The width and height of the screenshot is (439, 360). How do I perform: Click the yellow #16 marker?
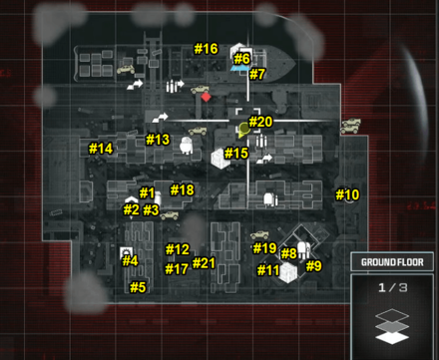coord(206,49)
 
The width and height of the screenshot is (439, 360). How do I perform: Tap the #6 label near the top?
coord(242,59)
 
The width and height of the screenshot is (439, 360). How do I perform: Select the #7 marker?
coord(257,75)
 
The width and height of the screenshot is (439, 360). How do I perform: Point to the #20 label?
coord(260,122)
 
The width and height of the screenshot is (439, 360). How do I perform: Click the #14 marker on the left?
coord(101,149)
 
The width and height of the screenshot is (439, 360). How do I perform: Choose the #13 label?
coord(158,140)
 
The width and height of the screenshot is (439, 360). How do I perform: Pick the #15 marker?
coord(236,154)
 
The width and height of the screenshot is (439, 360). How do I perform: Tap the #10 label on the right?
coord(346,194)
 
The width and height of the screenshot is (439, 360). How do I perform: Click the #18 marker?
coord(182,190)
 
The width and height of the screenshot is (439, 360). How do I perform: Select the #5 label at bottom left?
coord(138,287)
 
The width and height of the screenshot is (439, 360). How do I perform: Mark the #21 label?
coord(204,263)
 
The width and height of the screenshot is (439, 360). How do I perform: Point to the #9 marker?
coord(313,266)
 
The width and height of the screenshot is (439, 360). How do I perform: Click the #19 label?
coord(264,248)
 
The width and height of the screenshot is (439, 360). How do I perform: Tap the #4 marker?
coord(130,261)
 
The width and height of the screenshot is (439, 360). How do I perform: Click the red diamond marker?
coord(206,97)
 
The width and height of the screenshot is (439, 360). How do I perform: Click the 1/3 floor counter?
coord(392,288)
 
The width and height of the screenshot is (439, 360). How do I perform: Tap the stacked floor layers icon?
coord(392,325)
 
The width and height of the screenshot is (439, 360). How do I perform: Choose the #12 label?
coord(177,249)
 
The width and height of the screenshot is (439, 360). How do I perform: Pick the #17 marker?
coord(177,269)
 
